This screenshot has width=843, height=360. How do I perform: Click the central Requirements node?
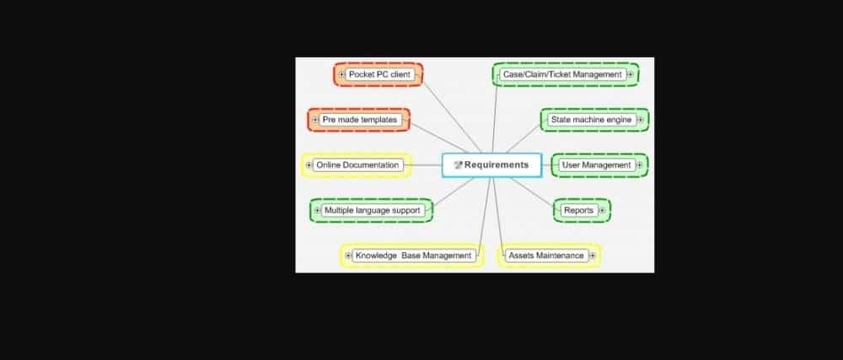tap(491, 165)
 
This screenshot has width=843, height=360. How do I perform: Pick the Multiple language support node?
tap(372, 210)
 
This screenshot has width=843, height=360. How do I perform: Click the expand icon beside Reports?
tap(602, 211)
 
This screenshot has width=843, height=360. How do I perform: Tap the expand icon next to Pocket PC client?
tap(342, 75)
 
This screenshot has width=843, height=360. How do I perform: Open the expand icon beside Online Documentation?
tap(309, 165)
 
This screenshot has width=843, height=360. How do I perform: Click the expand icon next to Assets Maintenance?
tap(593, 255)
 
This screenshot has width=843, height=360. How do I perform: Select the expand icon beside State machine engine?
tap(640, 120)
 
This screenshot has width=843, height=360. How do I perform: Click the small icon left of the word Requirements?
tap(458, 165)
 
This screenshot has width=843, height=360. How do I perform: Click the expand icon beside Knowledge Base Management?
tap(348, 255)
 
